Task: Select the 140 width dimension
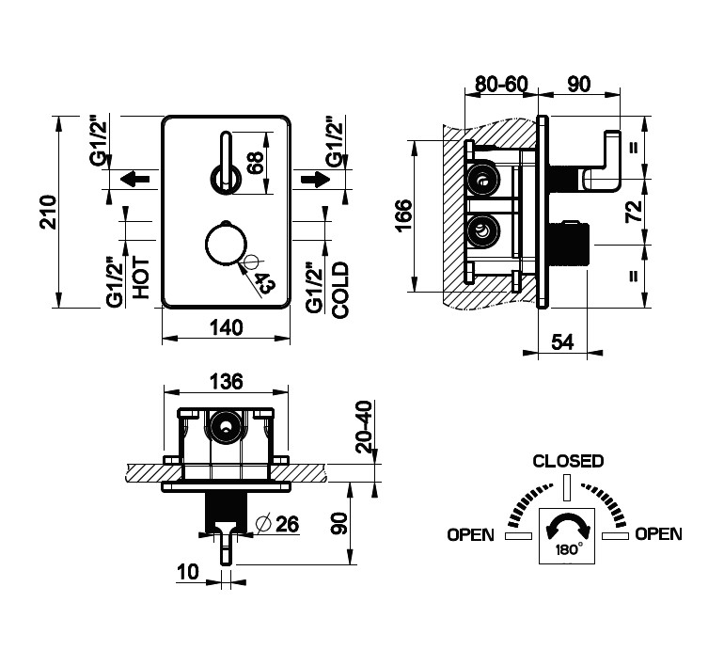[x=226, y=327]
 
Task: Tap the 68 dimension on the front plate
[x=254, y=161]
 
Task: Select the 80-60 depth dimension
[x=501, y=84]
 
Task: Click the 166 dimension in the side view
[x=402, y=217]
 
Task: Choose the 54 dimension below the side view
[x=561, y=342]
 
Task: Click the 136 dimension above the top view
[x=226, y=381]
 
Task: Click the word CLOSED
[x=568, y=461]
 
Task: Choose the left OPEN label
[x=470, y=534]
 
